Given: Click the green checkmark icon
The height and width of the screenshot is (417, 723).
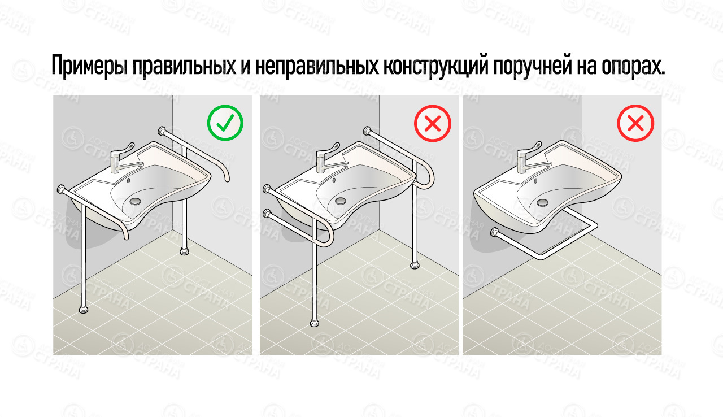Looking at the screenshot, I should click(225, 123).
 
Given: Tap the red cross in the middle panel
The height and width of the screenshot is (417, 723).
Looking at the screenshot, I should click(432, 123).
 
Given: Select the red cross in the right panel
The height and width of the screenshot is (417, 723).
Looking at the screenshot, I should click(635, 123).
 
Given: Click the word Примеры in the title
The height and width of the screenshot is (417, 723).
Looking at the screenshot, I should click(89, 67).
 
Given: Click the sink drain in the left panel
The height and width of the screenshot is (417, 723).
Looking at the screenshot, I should click(136, 200).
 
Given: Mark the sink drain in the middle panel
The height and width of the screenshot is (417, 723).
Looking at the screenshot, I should click(340, 200).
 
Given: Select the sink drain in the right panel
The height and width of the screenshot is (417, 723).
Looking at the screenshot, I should click(543, 201).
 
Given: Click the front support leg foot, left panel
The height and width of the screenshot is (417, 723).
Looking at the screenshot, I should click(84, 309).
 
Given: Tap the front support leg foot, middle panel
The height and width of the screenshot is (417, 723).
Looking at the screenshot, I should click(315, 323).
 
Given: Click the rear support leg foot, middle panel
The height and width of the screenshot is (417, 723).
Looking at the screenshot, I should click(416, 263).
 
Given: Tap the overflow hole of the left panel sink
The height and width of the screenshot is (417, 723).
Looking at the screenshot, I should click(128, 180).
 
